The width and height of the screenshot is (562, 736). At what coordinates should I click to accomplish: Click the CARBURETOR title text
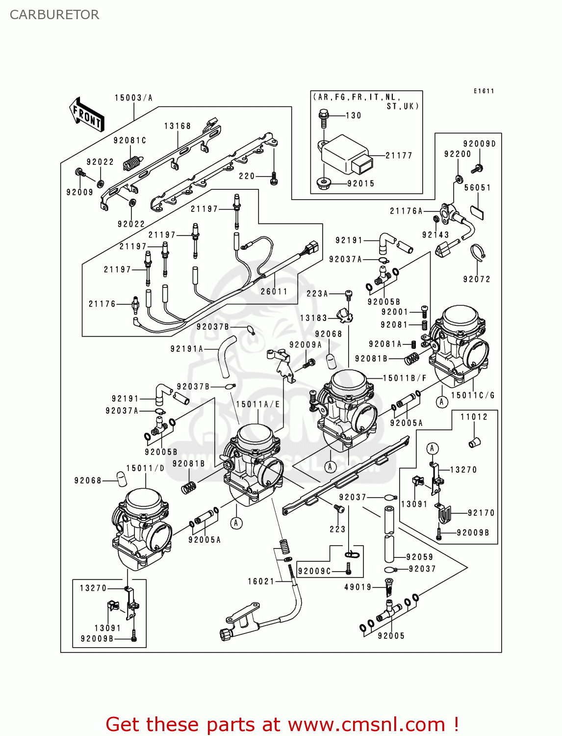point(54,15)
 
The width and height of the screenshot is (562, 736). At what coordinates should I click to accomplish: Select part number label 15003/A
point(133,98)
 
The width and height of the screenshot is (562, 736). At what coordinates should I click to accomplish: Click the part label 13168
point(177,126)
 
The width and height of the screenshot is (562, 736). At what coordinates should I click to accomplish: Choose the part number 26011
point(274,291)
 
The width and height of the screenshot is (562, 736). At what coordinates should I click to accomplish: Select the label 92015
point(360,184)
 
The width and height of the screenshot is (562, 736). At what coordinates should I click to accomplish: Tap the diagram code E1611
point(484,91)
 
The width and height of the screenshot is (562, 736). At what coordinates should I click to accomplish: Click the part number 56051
point(477,187)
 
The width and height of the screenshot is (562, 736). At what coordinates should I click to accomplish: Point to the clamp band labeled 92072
point(478,253)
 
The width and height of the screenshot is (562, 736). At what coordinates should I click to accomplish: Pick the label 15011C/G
point(473,395)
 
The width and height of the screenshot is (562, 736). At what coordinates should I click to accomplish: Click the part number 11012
point(474,417)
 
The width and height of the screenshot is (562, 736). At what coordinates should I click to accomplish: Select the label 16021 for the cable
point(261,581)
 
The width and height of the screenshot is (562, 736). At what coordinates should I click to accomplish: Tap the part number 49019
point(358,587)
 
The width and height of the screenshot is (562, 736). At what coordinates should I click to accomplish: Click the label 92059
point(420,557)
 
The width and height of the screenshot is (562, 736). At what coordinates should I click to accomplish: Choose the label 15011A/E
point(257,404)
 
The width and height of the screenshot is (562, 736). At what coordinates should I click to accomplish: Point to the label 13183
point(313,318)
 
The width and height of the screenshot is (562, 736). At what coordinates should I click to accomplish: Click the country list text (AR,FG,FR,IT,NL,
point(357,97)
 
